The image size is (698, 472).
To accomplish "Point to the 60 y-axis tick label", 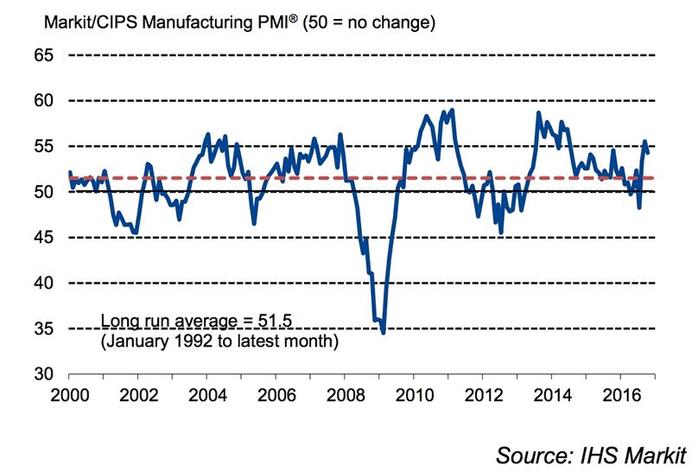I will [42, 100].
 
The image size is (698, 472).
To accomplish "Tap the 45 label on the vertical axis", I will [42, 237].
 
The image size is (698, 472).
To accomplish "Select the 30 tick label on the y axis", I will [42, 373].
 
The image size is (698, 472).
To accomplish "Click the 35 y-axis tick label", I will [42, 328].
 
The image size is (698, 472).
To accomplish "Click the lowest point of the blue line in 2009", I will [383, 332].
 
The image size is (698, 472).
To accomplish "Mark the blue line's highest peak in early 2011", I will [453, 110].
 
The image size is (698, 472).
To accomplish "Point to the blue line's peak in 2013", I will [538, 113].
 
